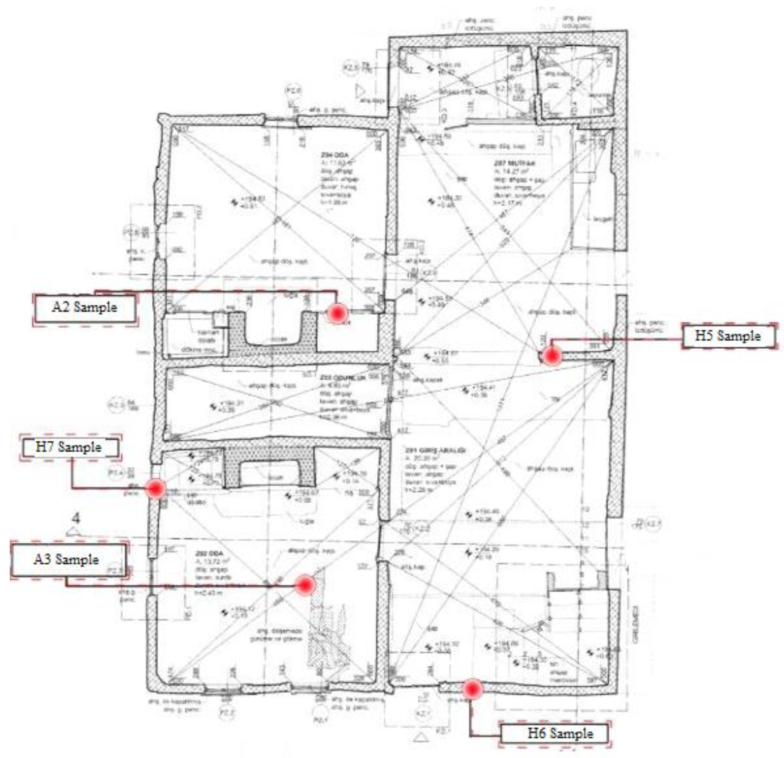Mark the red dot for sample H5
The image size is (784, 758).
(552, 356)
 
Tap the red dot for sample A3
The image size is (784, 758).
(305, 585)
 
